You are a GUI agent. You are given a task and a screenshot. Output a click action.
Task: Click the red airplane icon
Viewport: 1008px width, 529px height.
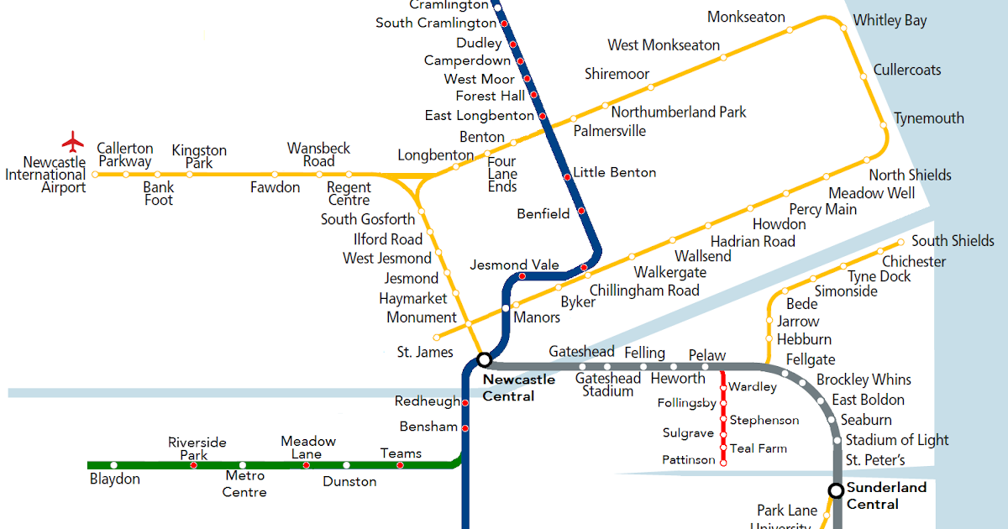click(x=74, y=140)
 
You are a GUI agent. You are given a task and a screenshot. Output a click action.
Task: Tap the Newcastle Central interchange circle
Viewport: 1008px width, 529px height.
click(x=484, y=359)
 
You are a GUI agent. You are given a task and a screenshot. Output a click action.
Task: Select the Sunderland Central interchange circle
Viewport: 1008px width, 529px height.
click(x=836, y=490)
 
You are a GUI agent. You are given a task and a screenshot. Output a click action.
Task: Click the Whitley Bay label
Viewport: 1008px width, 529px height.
click(x=890, y=21)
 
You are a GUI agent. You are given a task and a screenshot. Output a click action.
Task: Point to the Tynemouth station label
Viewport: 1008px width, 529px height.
click(x=928, y=118)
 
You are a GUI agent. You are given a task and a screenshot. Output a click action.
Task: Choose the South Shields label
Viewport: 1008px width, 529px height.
click(x=953, y=241)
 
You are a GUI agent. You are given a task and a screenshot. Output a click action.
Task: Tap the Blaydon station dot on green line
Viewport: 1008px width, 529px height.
click(x=114, y=464)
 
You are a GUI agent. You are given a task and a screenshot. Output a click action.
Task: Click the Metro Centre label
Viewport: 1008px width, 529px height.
click(x=244, y=484)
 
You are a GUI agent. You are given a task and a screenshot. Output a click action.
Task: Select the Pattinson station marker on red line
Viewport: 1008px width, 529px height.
click(x=723, y=461)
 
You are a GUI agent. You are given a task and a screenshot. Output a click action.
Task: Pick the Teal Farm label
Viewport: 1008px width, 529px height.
click(x=758, y=448)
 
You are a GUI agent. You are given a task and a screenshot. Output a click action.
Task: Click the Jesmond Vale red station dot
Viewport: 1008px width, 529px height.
click(x=522, y=276)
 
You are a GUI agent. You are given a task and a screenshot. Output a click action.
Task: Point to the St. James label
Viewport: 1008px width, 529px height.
click(x=425, y=353)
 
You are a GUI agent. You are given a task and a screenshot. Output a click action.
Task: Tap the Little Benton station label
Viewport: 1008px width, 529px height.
click(x=614, y=173)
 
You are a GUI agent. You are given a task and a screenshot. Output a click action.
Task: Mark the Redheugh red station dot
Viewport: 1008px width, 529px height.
click(x=465, y=403)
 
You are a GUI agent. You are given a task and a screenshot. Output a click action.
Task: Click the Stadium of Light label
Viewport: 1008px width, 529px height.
click(x=896, y=440)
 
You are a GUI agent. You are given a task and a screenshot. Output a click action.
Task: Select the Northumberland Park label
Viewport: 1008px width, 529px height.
click(x=679, y=113)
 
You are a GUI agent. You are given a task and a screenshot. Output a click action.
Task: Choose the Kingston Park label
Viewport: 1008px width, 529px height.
click(x=199, y=157)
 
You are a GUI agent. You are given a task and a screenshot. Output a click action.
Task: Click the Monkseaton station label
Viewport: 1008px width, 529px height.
click(x=746, y=18)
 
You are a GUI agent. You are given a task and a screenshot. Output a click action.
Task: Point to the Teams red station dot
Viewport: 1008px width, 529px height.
click(x=400, y=464)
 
